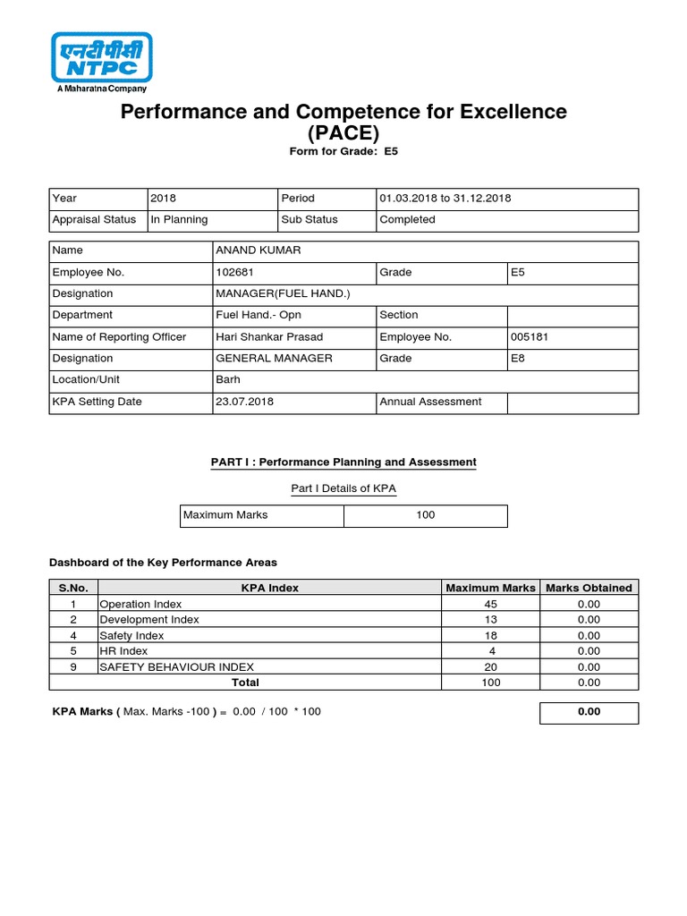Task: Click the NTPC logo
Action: coord(101,60)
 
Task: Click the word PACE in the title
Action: coord(343,133)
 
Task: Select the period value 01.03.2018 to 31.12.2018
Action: coord(445,198)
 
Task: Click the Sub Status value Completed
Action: coord(407,219)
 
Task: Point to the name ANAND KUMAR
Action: coord(258,250)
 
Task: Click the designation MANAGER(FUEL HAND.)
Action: coord(276,293)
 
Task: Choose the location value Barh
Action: coord(228,379)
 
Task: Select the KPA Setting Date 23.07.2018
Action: coord(244,402)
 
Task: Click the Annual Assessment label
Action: coord(430,402)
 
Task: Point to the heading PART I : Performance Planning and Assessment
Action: coord(343,462)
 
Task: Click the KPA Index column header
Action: coord(270,588)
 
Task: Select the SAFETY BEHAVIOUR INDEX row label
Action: coord(176,666)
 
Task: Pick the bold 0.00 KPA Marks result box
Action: coord(589,712)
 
